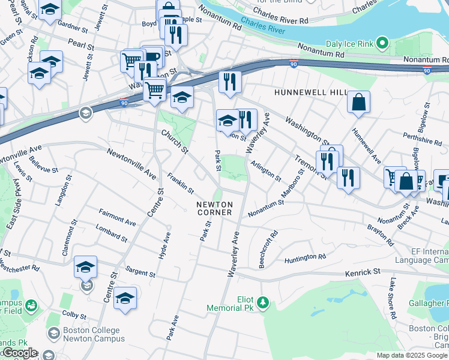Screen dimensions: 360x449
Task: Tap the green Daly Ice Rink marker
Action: click(x=382, y=43)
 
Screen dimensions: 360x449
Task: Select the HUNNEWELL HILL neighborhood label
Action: click(x=310, y=92)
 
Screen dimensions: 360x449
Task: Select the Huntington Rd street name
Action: click(x=305, y=257)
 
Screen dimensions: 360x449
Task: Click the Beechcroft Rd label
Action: click(x=267, y=249)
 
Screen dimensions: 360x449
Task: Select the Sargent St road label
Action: click(x=140, y=272)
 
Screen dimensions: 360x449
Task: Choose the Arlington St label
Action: click(x=266, y=170)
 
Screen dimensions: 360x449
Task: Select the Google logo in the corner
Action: click(x=19, y=353)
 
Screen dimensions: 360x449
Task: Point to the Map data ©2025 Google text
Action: click(x=411, y=355)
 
